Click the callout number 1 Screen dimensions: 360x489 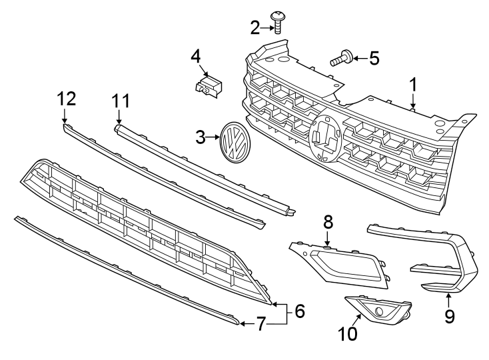[413, 85]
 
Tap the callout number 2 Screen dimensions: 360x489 [255, 28]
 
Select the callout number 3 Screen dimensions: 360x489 [201, 138]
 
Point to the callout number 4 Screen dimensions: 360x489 [195, 55]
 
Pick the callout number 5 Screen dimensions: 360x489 [374, 59]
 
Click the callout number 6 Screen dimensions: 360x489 [299, 311]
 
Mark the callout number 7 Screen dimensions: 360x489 [261, 325]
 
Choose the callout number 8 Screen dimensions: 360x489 [328, 221]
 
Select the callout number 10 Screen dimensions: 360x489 [348, 333]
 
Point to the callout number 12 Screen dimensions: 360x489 [66, 99]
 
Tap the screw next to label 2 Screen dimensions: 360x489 [278, 21]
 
